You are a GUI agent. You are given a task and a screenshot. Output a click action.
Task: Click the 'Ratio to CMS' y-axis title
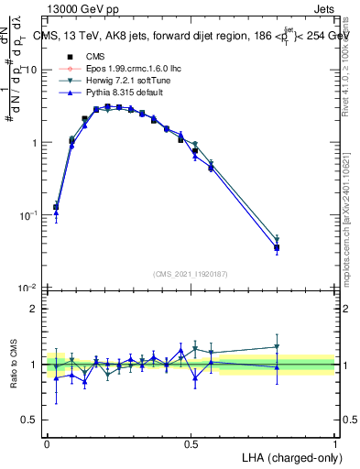click(x=13, y=364)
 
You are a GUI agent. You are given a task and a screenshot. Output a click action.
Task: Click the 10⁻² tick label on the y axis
click(x=30, y=289)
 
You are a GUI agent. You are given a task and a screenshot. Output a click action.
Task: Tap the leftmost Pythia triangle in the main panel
click(x=56, y=213)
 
